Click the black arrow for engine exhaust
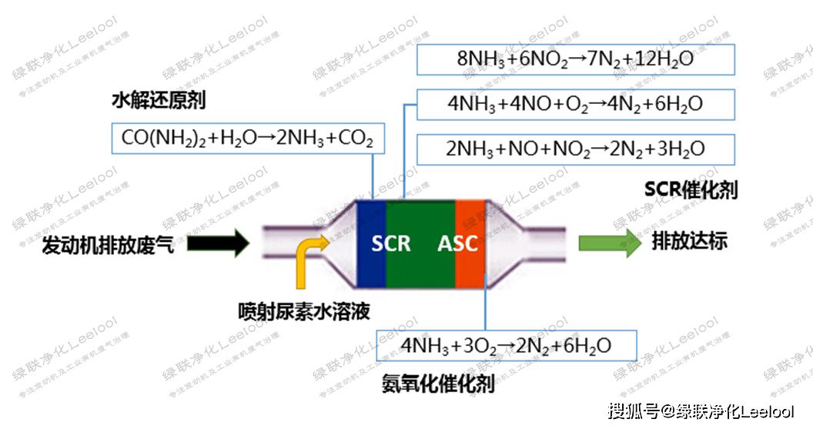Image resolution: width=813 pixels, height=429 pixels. [x=218, y=244]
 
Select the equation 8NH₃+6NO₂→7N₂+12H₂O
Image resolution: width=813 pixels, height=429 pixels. [x=575, y=59]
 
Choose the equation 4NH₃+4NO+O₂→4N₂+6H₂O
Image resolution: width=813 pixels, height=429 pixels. [x=575, y=104]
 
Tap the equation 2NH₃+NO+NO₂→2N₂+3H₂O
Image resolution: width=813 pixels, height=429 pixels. [x=575, y=149]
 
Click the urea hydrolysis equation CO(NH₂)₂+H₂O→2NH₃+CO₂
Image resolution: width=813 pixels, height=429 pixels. [x=247, y=138]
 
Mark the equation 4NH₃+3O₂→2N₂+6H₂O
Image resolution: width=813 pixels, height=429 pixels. [x=506, y=346]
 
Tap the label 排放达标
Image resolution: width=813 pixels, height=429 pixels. [x=690, y=242]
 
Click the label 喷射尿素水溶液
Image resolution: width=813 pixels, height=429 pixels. [x=304, y=312]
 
